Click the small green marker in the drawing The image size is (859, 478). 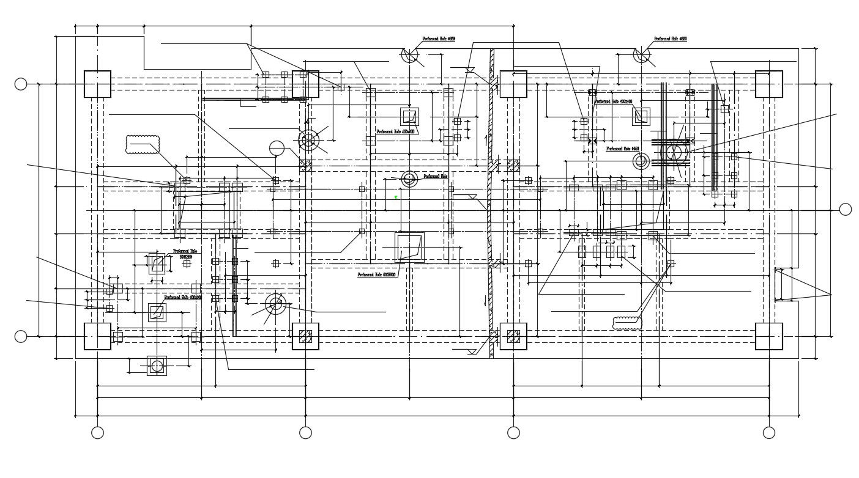[396, 197]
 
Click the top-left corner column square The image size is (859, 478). [97, 84]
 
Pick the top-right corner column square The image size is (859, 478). [768, 84]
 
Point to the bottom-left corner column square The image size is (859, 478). [97, 336]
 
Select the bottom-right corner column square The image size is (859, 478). [768, 336]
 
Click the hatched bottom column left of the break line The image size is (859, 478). [305, 336]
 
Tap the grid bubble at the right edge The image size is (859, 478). [845, 210]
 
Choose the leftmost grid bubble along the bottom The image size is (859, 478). [97, 433]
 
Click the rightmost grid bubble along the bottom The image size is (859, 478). [769, 433]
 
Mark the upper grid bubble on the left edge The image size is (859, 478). [21, 84]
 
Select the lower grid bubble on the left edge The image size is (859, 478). [21, 336]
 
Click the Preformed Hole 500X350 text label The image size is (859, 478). [185, 254]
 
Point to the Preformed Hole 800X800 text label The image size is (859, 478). [376, 275]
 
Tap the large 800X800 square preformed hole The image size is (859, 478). [409, 248]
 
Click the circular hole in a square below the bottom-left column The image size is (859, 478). [157, 366]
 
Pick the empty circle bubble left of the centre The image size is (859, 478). [277, 149]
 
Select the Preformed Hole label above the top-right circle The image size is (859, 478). [670, 39]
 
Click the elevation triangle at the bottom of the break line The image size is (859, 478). [472, 352]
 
